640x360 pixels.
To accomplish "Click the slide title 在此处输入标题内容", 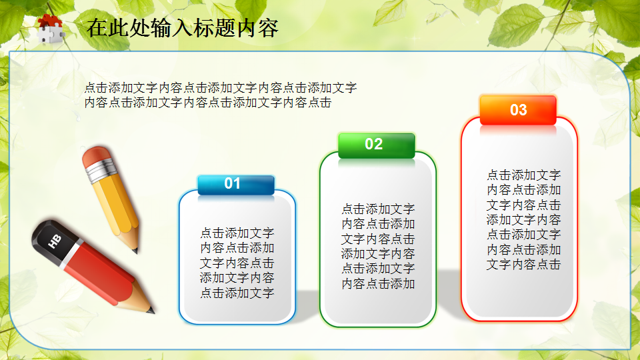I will (x=181, y=27).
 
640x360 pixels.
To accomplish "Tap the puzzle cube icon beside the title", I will (x=51, y=29).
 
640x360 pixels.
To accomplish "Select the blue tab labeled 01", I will (x=235, y=184).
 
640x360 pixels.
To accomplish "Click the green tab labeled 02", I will (x=376, y=144).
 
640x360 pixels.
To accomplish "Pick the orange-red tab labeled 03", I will (x=518, y=110).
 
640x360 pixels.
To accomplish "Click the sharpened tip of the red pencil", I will (x=151, y=310).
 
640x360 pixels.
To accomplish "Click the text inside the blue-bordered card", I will (x=237, y=263).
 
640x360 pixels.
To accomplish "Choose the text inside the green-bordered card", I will (x=378, y=246).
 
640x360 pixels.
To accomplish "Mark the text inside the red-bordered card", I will (x=523, y=219).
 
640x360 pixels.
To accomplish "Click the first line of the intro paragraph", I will (x=221, y=87).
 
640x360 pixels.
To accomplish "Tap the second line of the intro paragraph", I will (x=208, y=103).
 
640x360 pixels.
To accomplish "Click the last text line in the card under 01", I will (x=237, y=293).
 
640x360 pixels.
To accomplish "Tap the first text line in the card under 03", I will (x=523, y=175).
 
